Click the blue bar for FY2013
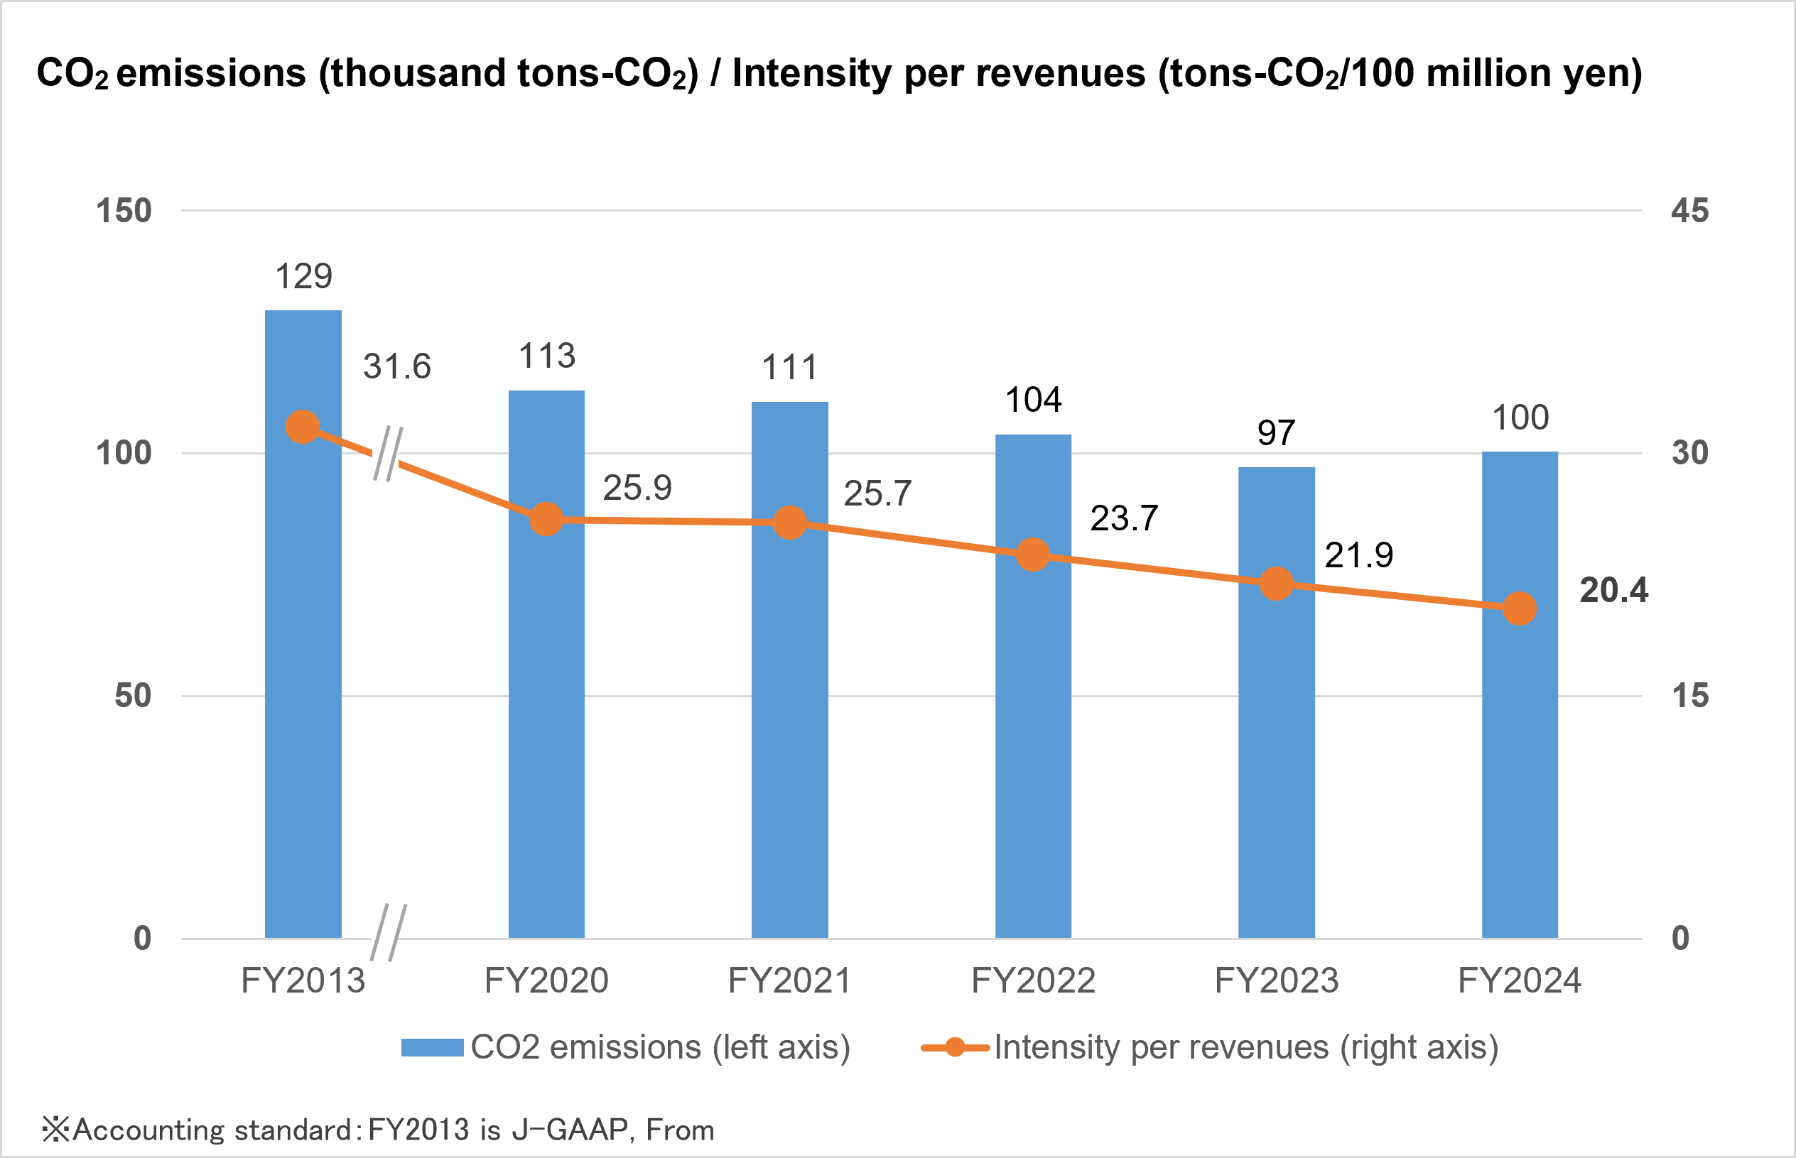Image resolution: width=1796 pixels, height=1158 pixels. coord(303,677)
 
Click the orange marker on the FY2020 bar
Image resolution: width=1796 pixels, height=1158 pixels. coord(546,519)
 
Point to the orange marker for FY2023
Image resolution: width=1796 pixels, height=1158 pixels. coord(1276,584)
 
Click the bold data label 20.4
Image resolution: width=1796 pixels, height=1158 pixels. coord(1613,590)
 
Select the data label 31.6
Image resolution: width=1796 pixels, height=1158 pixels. coord(396,367)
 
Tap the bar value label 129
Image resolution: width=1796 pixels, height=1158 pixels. coord(303,277)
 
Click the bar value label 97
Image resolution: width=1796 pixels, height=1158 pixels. coord(1276,433)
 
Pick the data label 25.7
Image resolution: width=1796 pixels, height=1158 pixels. coord(877,494)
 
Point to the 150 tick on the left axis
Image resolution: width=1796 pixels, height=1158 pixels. coord(124,212)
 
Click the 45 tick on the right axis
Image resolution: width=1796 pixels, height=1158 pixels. coord(1689,212)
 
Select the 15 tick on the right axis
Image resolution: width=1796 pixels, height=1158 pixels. coord(1689,697)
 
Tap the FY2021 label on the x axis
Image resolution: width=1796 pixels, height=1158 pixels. coord(789,981)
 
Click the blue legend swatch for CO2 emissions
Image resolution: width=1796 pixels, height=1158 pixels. coord(432,1047)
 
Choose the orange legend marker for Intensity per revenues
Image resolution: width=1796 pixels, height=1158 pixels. coord(954,1047)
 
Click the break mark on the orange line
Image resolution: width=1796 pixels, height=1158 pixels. coord(387,454)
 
